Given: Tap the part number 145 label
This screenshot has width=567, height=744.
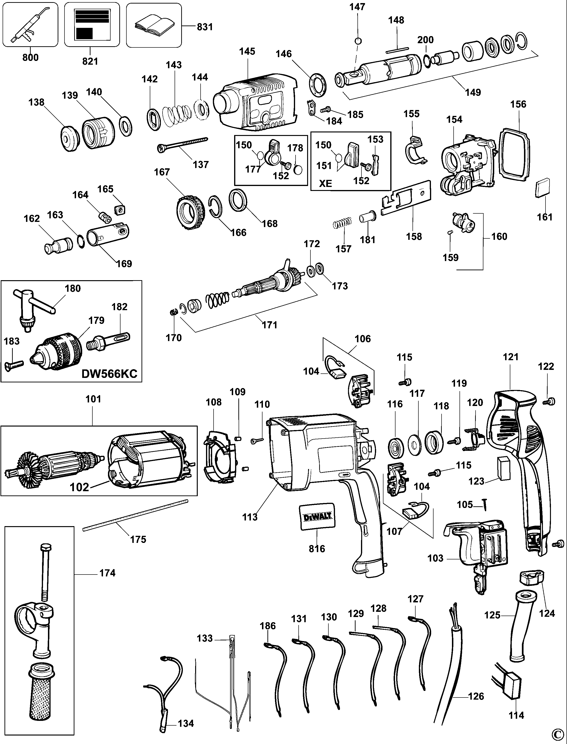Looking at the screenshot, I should (x=247, y=52).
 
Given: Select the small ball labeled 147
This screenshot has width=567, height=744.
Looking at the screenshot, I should (x=358, y=41).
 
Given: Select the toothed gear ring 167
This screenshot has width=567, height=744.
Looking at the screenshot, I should (x=191, y=212).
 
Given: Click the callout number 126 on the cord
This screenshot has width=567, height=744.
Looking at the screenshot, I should (x=476, y=696).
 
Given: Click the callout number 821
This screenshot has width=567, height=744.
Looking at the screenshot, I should (x=90, y=61).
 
